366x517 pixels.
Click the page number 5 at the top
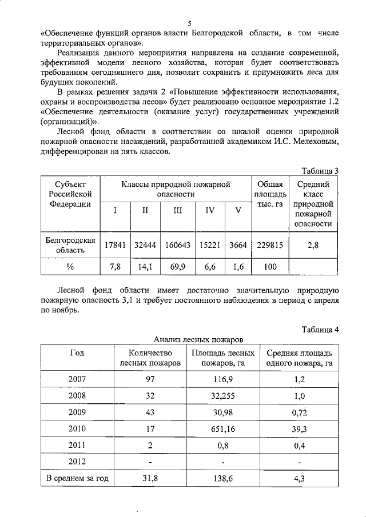tap(189, 23)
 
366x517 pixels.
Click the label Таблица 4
tap(321, 329)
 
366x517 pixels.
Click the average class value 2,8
tap(313, 245)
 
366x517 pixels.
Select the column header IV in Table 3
tap(210, 210)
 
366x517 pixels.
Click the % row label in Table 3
tap(70, 266)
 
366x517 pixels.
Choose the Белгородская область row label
tap(70, 245)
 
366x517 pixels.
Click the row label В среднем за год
tap(77, 479)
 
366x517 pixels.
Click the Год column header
tap(77, 352)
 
